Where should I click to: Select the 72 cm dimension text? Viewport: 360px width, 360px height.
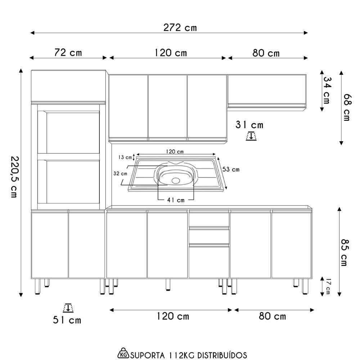click(68, 53)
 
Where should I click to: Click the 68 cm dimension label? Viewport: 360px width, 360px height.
click(347, 107)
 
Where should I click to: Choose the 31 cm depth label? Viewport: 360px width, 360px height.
click(249, 125)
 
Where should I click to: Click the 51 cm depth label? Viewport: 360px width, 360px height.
click(67, 320)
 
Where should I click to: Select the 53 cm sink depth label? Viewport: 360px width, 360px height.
click(231, 170)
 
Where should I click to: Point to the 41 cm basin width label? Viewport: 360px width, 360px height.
click(176, 200)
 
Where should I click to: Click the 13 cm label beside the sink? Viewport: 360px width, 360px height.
click(125, 157)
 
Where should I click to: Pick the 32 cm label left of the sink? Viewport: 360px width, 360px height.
click(120, 174)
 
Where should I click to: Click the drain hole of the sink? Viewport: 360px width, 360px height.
click(176, 180)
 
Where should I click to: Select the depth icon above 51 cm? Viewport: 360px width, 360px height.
click(67, 308)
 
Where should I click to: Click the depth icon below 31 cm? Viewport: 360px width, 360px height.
click(251, 136)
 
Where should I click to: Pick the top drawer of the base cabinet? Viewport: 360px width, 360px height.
click(209, 220)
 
